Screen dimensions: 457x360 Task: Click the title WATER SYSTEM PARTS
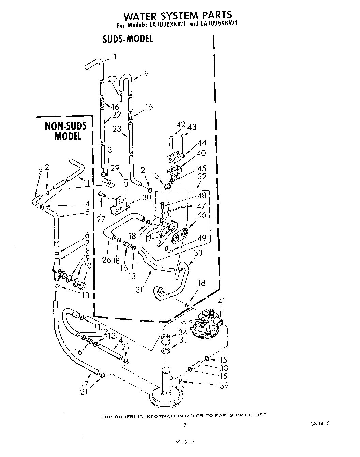pyautogui.click(x=177, y=16)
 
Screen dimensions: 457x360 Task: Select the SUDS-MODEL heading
pyautogui.click(x=127, y=39)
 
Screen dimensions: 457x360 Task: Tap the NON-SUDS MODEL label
pyautogui.click(x=66, y=131)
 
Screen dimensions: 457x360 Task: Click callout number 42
pyautogui.click(x=180, y=125)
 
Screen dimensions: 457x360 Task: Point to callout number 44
pyautogui.click(x=202, y=143)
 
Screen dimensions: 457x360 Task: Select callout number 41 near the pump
pyautogui.click(x=222, y=301)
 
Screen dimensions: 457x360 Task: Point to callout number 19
pyautogui.click(x=145, y=73)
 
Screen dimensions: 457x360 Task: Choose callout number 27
pyautogui.click(x=101, y=219)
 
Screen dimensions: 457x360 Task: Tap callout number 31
pyautogui.click(x=139, y=290)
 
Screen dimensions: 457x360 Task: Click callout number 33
pyautogui.click(x=198, y=253)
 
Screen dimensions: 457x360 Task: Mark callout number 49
pyautogui.click(x=202, y=238)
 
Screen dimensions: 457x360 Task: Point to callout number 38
pyautogui.click(x=224, y=368)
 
